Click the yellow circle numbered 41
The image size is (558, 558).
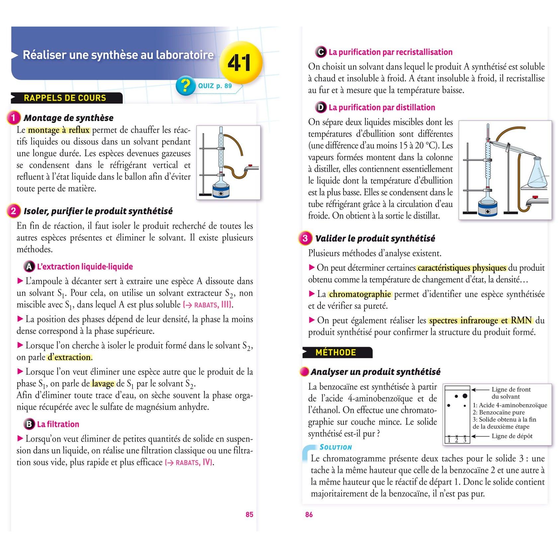pyautogui.click(x=241, y=62)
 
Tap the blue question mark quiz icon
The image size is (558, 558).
pyautogui.click(x=185, y=86)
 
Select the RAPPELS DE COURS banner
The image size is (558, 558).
pyautogui.click(x=67, y=98)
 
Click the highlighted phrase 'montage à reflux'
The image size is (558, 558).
pyautogui.click(x=59, y=130)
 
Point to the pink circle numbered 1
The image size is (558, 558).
pyautogui.click(x=14, y=118)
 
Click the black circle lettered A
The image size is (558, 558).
pyautogui.click(x=29, y=266)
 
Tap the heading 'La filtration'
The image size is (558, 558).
pyautogui.click(x=58, y=424)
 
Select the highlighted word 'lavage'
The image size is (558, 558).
pyautogui.click(x=103, y=384)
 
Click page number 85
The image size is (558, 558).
pyautogui.click(x=249, y=514)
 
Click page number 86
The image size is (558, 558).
pyautogui.click(x=309, y=514)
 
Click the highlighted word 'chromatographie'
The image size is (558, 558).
pyautogui.click(x=360, y=294)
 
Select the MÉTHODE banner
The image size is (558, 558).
pyautogui.click(x=338, y=352)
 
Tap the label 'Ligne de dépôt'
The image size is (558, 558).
pyautogui.click(x=512, y=436)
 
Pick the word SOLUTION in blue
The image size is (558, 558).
pyautogui.click(x=336, y=447)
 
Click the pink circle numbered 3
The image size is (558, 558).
pyautogui.click(x=305, y=238)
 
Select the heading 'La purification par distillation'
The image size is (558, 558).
pyautogui.click(x=382, y=107)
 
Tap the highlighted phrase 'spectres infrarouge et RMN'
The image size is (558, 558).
pyautogui.click(x=480, y=320)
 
